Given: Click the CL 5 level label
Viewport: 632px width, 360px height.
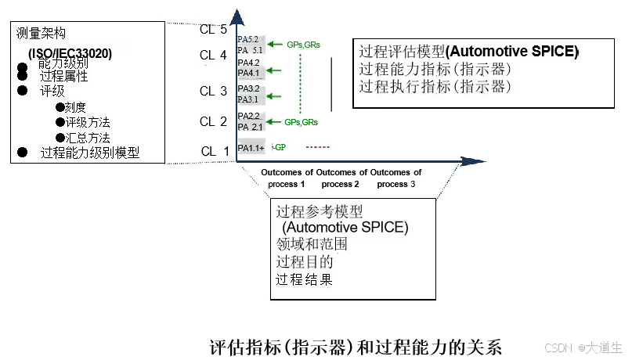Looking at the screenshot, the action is pos(213,30).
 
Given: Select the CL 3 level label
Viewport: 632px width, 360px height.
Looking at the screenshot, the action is pos(213,92).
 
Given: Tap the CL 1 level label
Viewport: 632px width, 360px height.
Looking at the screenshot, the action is pos(215,151).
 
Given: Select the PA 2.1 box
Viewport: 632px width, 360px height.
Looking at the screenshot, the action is pos(251,127).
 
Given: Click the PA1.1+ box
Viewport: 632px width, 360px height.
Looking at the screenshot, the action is pos(251,148).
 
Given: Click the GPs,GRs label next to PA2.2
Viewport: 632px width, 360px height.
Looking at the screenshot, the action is pos(302,122).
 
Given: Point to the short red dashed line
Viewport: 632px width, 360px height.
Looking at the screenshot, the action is pos(318,147).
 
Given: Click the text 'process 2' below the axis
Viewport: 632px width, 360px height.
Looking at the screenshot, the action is pos(341,184).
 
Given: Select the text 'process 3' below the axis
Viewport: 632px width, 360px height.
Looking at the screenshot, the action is pos(396,184).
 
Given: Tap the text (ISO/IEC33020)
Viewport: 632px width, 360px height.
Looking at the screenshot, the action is pos(70,54).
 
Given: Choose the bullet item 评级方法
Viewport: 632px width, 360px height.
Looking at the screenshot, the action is pos(87,122).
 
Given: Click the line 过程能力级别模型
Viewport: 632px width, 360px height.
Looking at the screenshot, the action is pos(89,153).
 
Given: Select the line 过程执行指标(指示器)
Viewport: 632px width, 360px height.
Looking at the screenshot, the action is pos(435,86).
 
